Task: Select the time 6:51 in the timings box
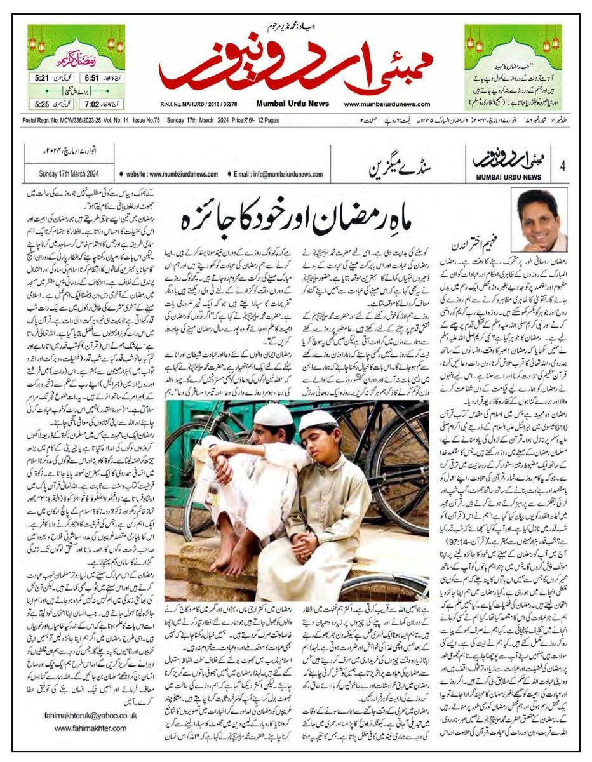(92, 77)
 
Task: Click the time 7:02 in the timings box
(92, 104)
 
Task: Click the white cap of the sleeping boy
(319, 421)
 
